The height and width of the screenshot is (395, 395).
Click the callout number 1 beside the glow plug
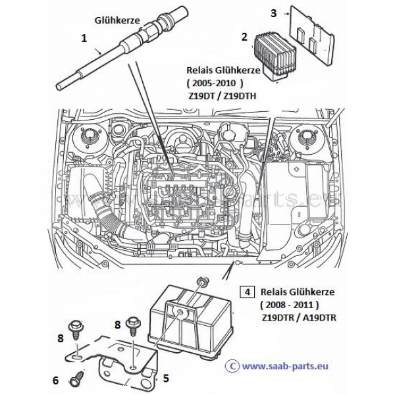(x=84, y=39)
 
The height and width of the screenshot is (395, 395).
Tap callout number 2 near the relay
(x=244, y=37)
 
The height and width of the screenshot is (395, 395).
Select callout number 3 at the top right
(x=275, y=13)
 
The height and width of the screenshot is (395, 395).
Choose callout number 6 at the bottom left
(x=55, y=380)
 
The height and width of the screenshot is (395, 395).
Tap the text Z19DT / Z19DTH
(x=223, y=95)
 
